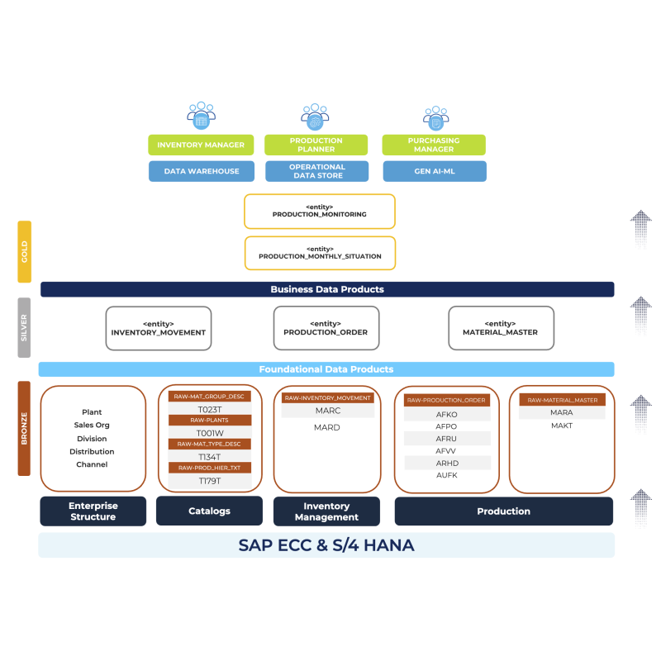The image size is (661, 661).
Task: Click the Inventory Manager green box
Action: [201, 145]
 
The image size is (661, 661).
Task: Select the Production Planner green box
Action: [316, 145]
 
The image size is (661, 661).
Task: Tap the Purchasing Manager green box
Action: [434, 145]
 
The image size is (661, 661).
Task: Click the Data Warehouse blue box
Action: [201, 171]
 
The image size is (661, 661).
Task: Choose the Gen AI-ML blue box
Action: [434, 171]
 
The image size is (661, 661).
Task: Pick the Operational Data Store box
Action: [316, 171]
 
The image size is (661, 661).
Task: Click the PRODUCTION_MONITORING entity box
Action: [319, 211]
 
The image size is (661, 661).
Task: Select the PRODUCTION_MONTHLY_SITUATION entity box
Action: [319, 253]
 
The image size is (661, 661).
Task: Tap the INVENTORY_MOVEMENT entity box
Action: [158, 328]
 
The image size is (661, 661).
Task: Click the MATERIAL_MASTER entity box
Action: [501, 328]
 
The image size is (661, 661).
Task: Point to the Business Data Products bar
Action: [327, 289]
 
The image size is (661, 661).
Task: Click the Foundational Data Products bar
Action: [326, 369]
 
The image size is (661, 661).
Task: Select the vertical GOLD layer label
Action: [25, 251]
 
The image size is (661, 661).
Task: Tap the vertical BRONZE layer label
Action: [25, 428]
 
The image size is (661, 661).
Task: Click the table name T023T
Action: [209, 409]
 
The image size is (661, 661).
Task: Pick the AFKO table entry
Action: [446, 414]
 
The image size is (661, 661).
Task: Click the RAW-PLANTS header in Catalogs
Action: [209, 421]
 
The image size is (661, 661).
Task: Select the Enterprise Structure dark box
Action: [93, 511]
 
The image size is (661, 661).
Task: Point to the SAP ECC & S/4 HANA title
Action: [326, 545]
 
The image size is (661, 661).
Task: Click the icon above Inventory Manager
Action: [201, 116]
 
